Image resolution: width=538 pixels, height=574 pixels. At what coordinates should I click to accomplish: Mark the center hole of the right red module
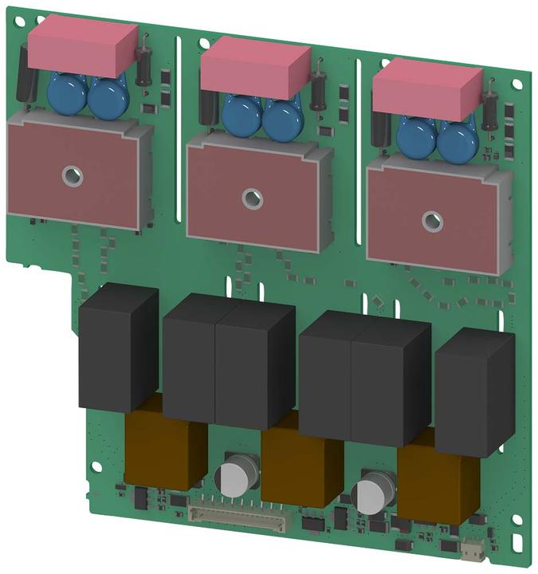click(432, 218)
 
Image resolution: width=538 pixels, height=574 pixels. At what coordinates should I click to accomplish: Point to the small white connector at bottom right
click(473, 549)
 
